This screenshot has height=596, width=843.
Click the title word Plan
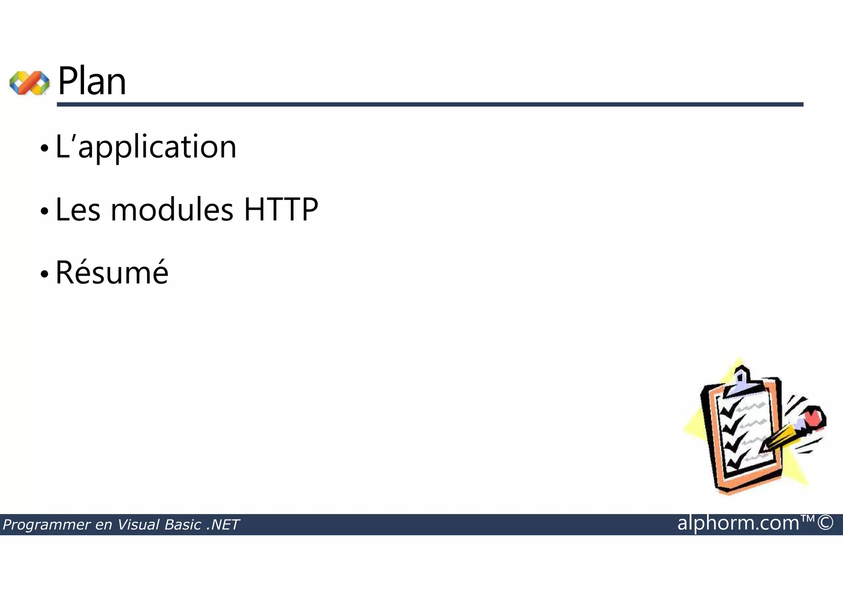pyautogui.click(x=92, y=82)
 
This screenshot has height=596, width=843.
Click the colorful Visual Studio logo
pyautogui.click(x=29, y=83)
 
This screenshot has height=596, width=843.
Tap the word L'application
pyautogui.click(x=146, y=147)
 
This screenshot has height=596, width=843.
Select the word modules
pyautogui.click(x=172, y=210)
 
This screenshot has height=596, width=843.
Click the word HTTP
pyautogui.click(x=281, y=210)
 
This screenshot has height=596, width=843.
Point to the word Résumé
pyautogui.click(x=112, y=272)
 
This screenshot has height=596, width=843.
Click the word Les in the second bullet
pyautogui.click(x=78, y=210)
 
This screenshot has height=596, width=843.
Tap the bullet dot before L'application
pyautogui.click(x=44, y=149)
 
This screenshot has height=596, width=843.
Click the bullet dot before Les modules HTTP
pyautogui.click(x=44, y=212)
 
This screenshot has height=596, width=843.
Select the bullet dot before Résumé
pyautogui.click(x=44, y=274)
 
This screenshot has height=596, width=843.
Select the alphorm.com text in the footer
pyautogui.click(x=738, y=523)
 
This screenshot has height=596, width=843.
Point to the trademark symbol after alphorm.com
pyautogui.click(x=808, y=519)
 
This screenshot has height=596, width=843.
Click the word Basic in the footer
pyautogui.click(x=183, y=525)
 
